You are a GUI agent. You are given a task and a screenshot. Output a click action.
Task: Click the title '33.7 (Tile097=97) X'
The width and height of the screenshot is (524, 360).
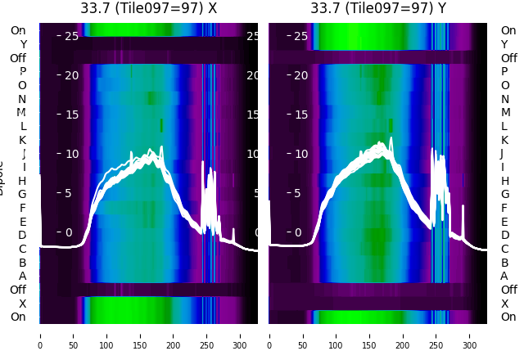[x=149, y=8]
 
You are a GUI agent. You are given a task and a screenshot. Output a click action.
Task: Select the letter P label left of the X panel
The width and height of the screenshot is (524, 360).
[x=22, y=71]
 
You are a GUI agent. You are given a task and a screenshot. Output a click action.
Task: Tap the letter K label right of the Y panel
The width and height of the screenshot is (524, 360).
[x=504, y=140]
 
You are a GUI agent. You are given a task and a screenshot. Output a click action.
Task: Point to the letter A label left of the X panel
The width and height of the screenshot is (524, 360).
[x=22, y=276]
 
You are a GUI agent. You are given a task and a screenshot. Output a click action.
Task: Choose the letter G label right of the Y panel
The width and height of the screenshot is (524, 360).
[x=504, y=194]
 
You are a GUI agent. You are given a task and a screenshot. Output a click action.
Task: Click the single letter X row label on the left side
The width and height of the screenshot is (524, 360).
[x=22, y=304]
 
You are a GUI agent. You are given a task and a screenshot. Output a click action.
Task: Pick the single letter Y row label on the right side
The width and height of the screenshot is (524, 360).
[x=504, y=44]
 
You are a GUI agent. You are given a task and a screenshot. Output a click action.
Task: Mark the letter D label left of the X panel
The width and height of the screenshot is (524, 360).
[x=22, y=235]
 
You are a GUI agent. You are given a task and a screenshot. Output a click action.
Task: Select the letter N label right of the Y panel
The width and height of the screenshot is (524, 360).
[x=504, y=99]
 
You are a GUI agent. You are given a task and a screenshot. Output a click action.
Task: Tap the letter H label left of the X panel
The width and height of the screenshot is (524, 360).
[x=22, y=181]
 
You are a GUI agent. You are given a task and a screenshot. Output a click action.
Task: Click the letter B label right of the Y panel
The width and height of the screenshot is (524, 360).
[x=504, y=263]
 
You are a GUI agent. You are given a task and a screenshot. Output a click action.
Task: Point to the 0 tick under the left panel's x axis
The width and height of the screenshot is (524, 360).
[x=40, y=335]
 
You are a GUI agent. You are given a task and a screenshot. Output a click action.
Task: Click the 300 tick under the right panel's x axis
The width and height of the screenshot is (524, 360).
[x=469, y=335]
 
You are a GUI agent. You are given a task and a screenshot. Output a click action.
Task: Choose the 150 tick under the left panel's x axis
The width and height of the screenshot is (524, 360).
[x=140, y=335]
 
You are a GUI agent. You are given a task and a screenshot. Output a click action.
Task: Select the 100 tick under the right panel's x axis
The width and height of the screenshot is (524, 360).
[x=336, y=335]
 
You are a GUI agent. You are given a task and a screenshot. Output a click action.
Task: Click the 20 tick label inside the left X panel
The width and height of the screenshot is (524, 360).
[x=70, y=75]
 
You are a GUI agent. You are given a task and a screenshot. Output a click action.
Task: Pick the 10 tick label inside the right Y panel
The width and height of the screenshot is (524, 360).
[x=300, y=154]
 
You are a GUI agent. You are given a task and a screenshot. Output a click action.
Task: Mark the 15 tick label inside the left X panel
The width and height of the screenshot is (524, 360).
[x=70, y=115]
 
